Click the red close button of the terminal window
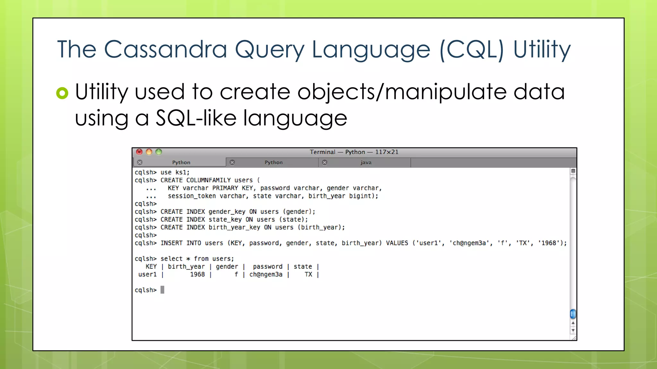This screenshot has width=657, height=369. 139,152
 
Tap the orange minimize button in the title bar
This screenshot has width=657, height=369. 149,152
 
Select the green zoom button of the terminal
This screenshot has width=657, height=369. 159,152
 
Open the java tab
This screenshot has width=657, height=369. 365,162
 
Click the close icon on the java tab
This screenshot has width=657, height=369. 325,162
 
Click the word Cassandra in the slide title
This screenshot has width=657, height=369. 165,50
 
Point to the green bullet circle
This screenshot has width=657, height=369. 62,93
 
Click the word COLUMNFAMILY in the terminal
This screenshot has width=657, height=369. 209,180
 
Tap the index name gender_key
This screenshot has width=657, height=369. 227,212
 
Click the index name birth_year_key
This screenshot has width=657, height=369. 234,227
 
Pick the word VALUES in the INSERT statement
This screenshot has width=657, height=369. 397,243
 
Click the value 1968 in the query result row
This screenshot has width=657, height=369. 197,275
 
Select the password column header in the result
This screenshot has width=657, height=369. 268,266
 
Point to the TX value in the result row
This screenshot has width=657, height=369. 308,275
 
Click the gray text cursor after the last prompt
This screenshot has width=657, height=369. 162,290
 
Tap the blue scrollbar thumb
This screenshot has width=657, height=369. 573,314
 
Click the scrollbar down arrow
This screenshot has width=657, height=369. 573,331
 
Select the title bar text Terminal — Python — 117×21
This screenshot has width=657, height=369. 354,152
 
